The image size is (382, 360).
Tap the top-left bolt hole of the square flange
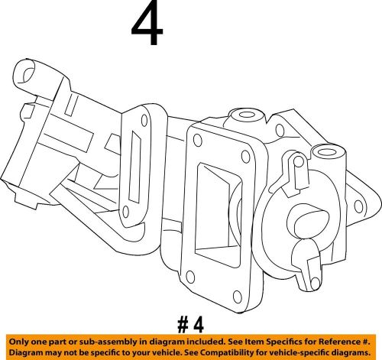click(197, 140)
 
